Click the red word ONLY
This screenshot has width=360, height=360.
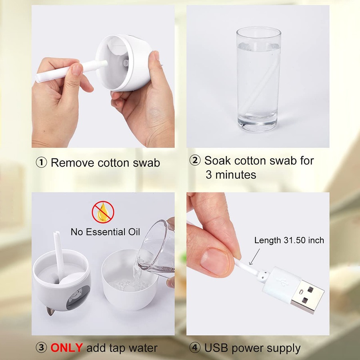click(x=66, y=348)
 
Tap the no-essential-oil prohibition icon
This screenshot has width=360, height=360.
click(x=103, y=212)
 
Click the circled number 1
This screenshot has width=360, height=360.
click(x=41, y=163)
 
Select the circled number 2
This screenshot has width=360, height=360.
click(x=194, y=161)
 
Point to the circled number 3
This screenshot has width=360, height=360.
click(x=41, y=348)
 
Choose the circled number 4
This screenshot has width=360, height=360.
click(x=194, y=348)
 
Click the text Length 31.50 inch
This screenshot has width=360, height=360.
click(x=289, y=240)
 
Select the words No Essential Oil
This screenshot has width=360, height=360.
click(x=105, y=232)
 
